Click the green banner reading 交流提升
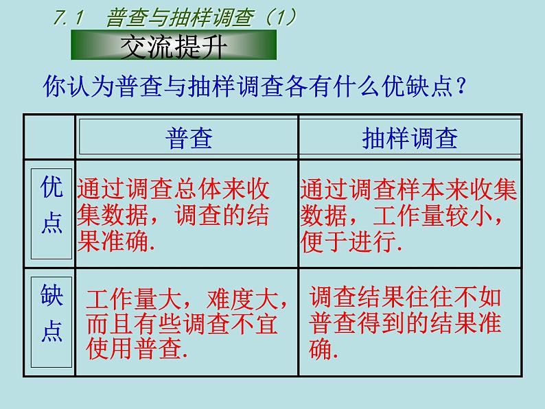point(173,45)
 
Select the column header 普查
point(189,139)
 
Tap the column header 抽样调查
point(409,139)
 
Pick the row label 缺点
point(51,314)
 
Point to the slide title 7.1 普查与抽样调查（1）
point(175,17)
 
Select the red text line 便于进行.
point(350,242)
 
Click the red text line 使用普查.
point(137,349)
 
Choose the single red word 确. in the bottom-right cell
point(324,349)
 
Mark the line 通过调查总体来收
point(174,189)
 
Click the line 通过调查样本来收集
point(408,189)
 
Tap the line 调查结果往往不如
point(406,297)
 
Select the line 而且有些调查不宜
point(182,324)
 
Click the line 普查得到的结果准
point(406,323)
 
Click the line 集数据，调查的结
point(174,216)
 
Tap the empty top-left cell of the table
point(49,137)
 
